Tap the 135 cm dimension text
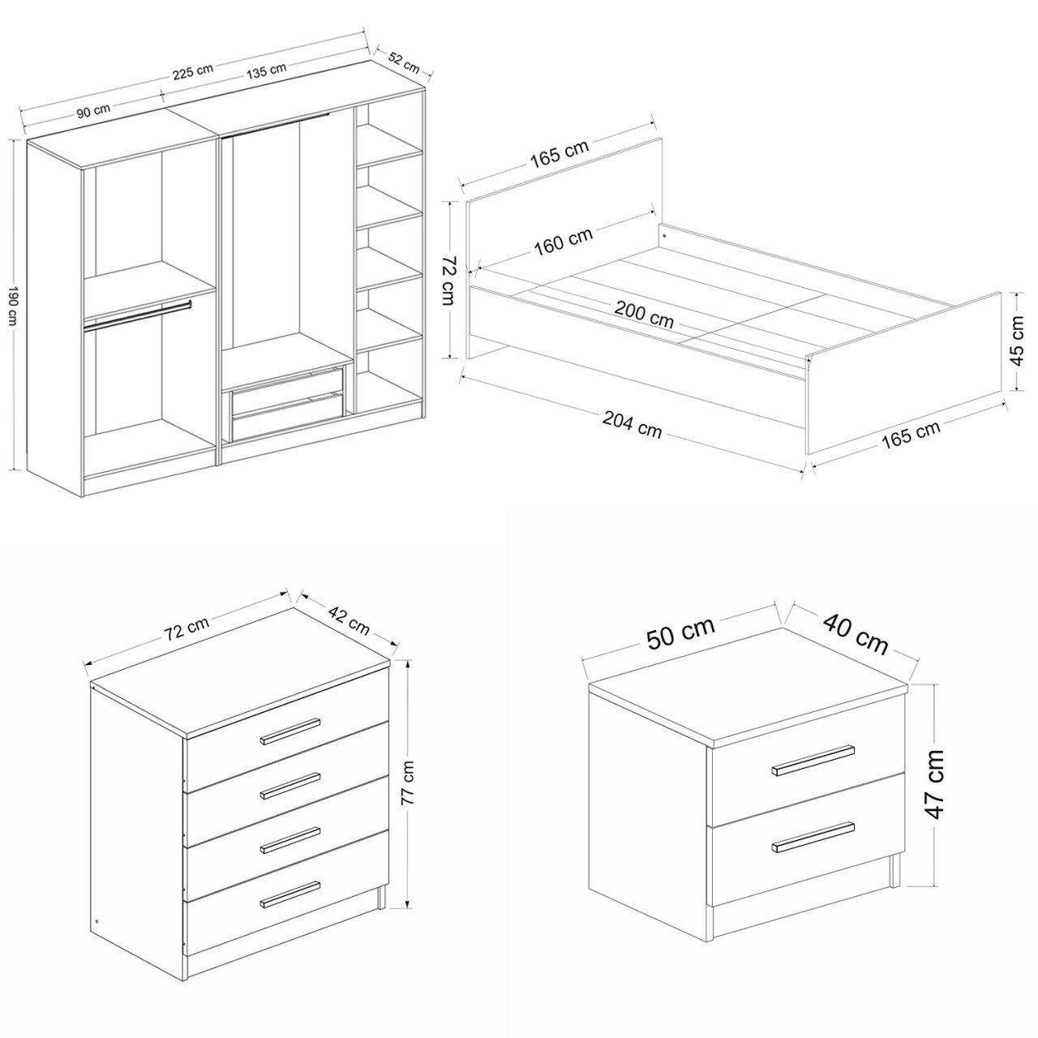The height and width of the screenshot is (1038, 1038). pyautogui.click(x=266, y=70)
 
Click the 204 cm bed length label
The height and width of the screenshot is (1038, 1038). pyautogui.click(x=632, y=425)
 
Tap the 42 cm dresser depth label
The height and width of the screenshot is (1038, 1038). pyautogui.click(x=349, y=620)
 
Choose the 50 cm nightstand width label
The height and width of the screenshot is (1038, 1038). pyautogui.click(x=681, y=633)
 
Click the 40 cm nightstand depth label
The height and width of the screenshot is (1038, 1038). pyautogui.click(x=855, y=633)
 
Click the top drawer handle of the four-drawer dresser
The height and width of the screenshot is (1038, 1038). pyautogui.click(x=290, y=731)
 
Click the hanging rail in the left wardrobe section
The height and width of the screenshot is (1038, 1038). pyautogui.click(x=137, y=315)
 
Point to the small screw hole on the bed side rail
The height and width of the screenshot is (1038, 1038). pyautogui.click(x=664, y=236)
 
